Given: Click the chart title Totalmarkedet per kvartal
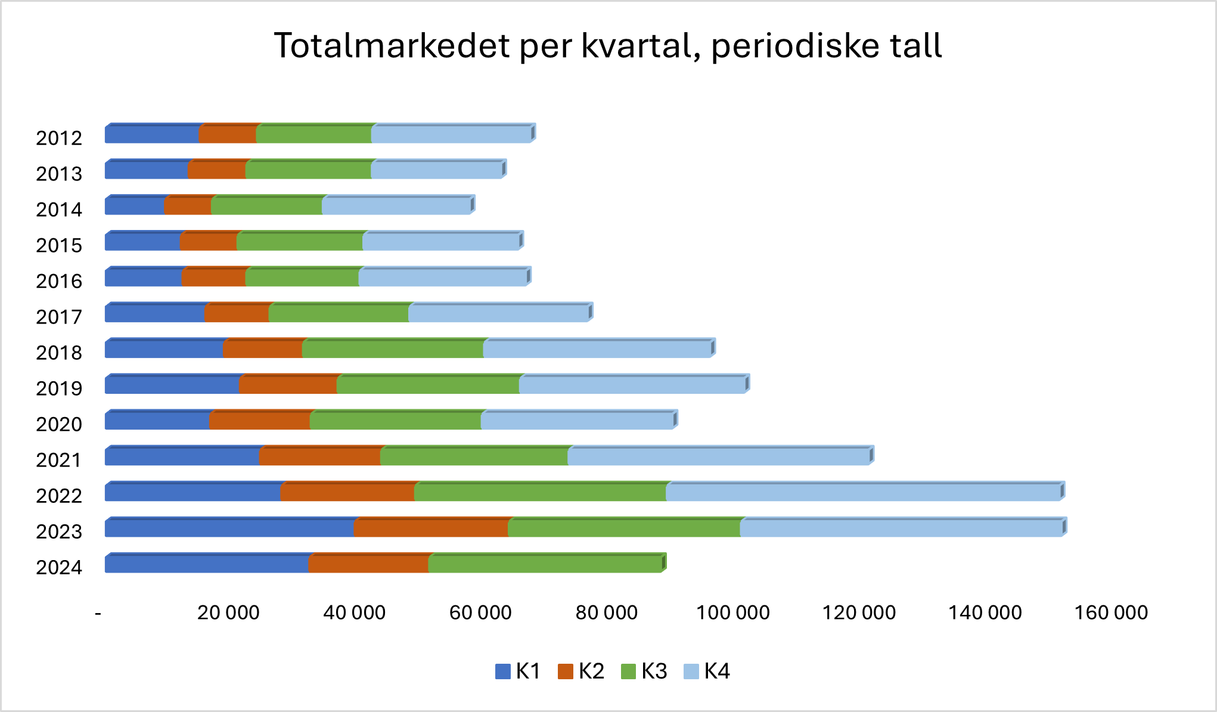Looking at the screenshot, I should click(608, 46).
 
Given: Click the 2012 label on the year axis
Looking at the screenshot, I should click(59, 138).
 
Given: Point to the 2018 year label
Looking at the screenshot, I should click(59, 353).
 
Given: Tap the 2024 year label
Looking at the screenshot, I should click(59, 567).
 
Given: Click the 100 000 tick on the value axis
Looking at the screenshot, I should click(733, 612).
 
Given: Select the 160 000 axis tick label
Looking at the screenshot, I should click(1111, 612).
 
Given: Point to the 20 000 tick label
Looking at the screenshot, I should click(228, 612).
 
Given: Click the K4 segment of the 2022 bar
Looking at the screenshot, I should click(863, 493).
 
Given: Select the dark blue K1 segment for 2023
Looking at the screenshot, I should click(229, 528).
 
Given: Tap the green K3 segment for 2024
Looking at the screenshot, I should click(545, 564).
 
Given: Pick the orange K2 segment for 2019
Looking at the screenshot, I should click(288, 385).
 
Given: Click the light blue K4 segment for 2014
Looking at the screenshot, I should click(396, 206).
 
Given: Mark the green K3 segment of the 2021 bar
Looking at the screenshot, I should click(474, 457).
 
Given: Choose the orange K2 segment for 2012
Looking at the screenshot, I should click(228, 135).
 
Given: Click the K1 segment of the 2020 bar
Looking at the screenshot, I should click(157, 421).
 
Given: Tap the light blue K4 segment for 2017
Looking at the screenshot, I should click(499, 313).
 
